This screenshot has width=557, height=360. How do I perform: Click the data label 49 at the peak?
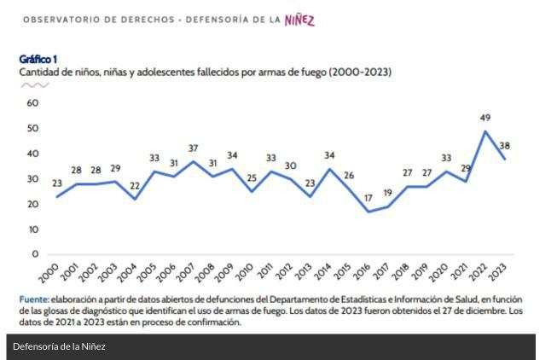coord(485,118)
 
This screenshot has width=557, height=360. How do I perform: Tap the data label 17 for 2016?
coord(368,199)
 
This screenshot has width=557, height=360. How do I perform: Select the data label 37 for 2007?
coord(194,148)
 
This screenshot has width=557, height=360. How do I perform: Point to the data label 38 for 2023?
coord(504,145)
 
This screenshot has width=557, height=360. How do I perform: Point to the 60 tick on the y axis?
coord(33,103)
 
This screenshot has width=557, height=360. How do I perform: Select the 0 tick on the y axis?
coord(36,254)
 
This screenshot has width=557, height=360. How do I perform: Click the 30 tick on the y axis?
coord(33,179)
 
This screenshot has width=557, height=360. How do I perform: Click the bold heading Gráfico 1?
coord(38,59)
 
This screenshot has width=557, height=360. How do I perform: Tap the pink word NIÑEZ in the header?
coord(299,20)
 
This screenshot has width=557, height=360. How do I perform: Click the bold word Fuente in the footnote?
coord(34,299)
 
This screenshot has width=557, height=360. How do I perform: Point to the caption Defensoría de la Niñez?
coord(59,346)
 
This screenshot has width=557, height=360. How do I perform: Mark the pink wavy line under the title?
coord(34,85)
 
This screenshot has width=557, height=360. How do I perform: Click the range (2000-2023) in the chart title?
coord(360,73)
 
